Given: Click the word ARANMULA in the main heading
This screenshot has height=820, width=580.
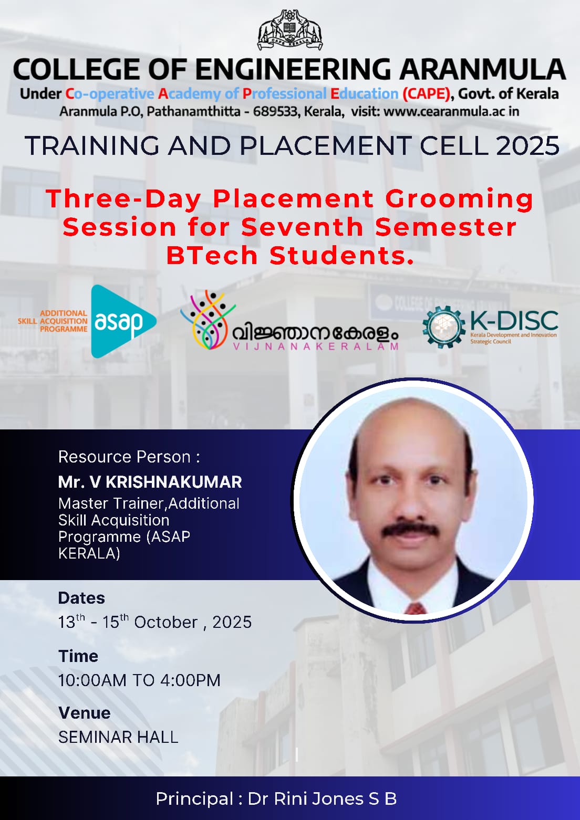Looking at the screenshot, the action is (482, 69).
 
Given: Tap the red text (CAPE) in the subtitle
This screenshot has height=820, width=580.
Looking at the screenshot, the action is (426, 94).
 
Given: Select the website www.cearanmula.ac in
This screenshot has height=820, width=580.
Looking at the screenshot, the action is (451, 111).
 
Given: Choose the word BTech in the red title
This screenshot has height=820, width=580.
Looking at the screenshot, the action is (212, 256).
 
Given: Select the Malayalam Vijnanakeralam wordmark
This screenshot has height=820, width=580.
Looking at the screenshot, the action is (315, 333).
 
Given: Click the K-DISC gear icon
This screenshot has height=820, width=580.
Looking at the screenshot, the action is (444, 327).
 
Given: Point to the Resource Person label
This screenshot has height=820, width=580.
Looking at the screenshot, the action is (129, 457).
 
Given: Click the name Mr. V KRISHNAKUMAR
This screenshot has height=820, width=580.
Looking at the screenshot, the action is (150, 482).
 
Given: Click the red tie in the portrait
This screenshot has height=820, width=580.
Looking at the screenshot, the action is (416, 609).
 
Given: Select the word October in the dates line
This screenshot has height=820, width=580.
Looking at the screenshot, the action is (165, 622).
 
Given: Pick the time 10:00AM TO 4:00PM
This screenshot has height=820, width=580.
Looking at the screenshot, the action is (139, 680).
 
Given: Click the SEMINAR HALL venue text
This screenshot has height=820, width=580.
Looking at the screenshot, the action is (118, 737).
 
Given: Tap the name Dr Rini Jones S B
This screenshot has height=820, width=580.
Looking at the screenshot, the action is (323, 798).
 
